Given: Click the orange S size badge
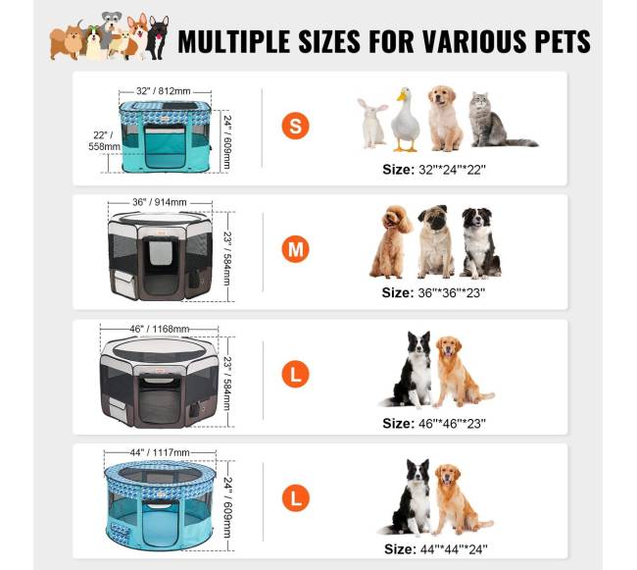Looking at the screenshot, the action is pyautogui.click(x=295, y=126).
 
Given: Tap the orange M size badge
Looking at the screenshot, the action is pyautogui.click(x=295, y=249).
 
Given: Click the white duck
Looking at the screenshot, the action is pyautogui.click(x=405, y=120).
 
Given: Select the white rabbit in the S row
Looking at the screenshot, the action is pyautogui.click(x=372, y=123).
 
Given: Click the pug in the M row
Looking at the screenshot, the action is pyautogui.click(x=435, y=242).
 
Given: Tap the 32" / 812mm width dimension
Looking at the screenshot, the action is pyautogui.click(x=164, y=91).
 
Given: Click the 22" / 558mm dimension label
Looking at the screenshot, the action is pyautogui.click(x=105, y=140).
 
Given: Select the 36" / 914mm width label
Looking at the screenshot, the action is pyautogui.click(x=160, y=202).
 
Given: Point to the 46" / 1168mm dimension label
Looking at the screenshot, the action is pyautogui.click(x=159, y=329).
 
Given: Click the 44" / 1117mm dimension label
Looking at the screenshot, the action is pyautogui.click(x=160, y=452).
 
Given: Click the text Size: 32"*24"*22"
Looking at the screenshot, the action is pyautogui.click(x=434, y=170).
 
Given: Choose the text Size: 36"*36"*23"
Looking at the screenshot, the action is pyautogui.click(x=433, y=292).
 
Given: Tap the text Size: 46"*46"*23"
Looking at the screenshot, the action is pyautogui.click(x=434, y=424).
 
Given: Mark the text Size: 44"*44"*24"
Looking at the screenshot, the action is pyautogui.click(x=435, y=549).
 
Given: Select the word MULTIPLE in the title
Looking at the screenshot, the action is pyautogui.click(x=233, y=41).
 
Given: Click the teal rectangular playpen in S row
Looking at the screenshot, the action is pyautogui.click(x=166, y=136).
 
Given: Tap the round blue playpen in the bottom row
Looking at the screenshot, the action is pyautogui.click(x=160, y=505).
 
